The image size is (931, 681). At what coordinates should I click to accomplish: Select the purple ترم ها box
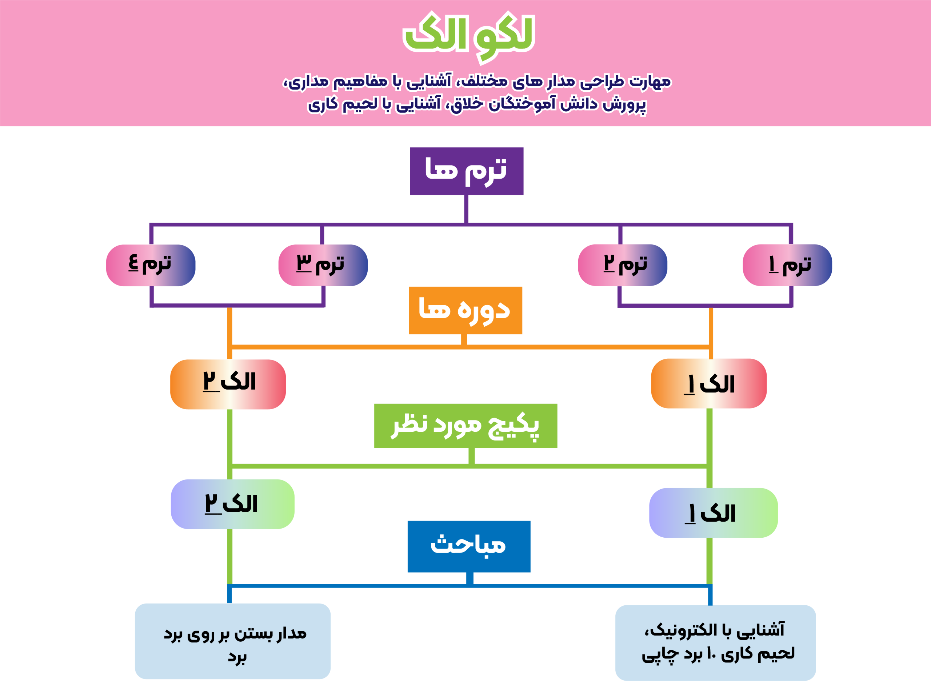click(x=467, y=171)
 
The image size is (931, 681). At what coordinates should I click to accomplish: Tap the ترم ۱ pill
click(x=787, y=265)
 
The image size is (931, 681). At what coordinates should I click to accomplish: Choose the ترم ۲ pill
click(x=622, y=265)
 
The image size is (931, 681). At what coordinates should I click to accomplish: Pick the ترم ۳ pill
click(x=323, y=265)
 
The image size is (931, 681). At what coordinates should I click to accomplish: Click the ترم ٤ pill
click(x=151, y=265)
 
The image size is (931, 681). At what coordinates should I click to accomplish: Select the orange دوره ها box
click(x=465, y=310)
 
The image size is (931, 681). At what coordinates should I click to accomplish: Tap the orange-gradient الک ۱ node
click(x=708, y=383)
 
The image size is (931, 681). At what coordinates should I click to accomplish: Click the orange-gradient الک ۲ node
click(x=228, y=384)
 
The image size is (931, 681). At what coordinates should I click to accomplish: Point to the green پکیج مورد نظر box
click(x=465, y=425)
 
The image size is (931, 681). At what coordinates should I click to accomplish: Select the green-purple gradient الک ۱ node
click(x=713, y=513)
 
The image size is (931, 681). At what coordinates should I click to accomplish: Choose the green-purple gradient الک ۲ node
click(x=232, y=504)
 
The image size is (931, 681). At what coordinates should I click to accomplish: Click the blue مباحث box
click(x=468, y=546)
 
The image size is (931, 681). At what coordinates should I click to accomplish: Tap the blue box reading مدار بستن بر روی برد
click(x=232, y=641)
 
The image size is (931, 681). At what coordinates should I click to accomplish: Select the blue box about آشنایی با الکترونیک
click(x=715, y=642)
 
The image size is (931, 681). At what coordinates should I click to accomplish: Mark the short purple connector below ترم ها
click(x=466, y=209)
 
